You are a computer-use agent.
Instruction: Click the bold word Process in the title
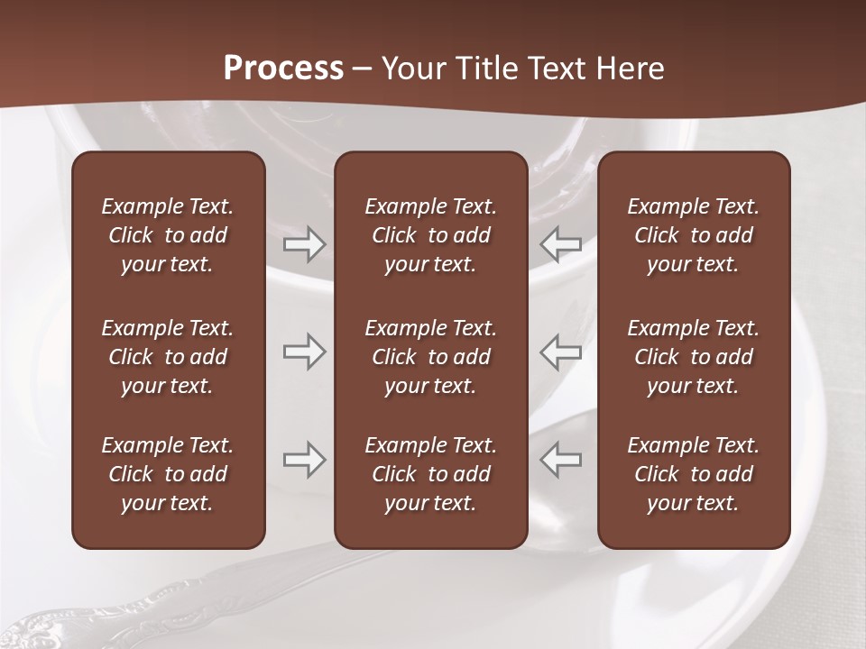[x=283, y=69]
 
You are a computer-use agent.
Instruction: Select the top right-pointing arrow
[x=305, y=244]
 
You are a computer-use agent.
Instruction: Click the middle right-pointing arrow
[x=305, y=352]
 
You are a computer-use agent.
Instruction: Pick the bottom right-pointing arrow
[x=305, y=460]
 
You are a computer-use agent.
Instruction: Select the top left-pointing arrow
[x=561, y=244]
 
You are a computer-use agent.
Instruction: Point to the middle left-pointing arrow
[x=561, y=352]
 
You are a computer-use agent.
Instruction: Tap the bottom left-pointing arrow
[x=561, y=460]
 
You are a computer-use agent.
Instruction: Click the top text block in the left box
[x=168, y=235]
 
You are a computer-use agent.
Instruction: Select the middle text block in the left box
[x=168, y=357]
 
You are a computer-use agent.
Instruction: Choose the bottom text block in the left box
[x=168, y=474]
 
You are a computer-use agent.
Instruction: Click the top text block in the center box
[x=431, y=235]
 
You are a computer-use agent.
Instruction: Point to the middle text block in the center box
[x=431, y=357]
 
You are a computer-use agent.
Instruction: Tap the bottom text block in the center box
[x=431, y=474]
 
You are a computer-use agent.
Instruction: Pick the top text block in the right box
[x=694, y=235]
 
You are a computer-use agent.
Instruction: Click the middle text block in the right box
[x=694, y=357]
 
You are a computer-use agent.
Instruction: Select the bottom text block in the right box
[x=694, y=474]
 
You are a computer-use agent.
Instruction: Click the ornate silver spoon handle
[x=135, y=604]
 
